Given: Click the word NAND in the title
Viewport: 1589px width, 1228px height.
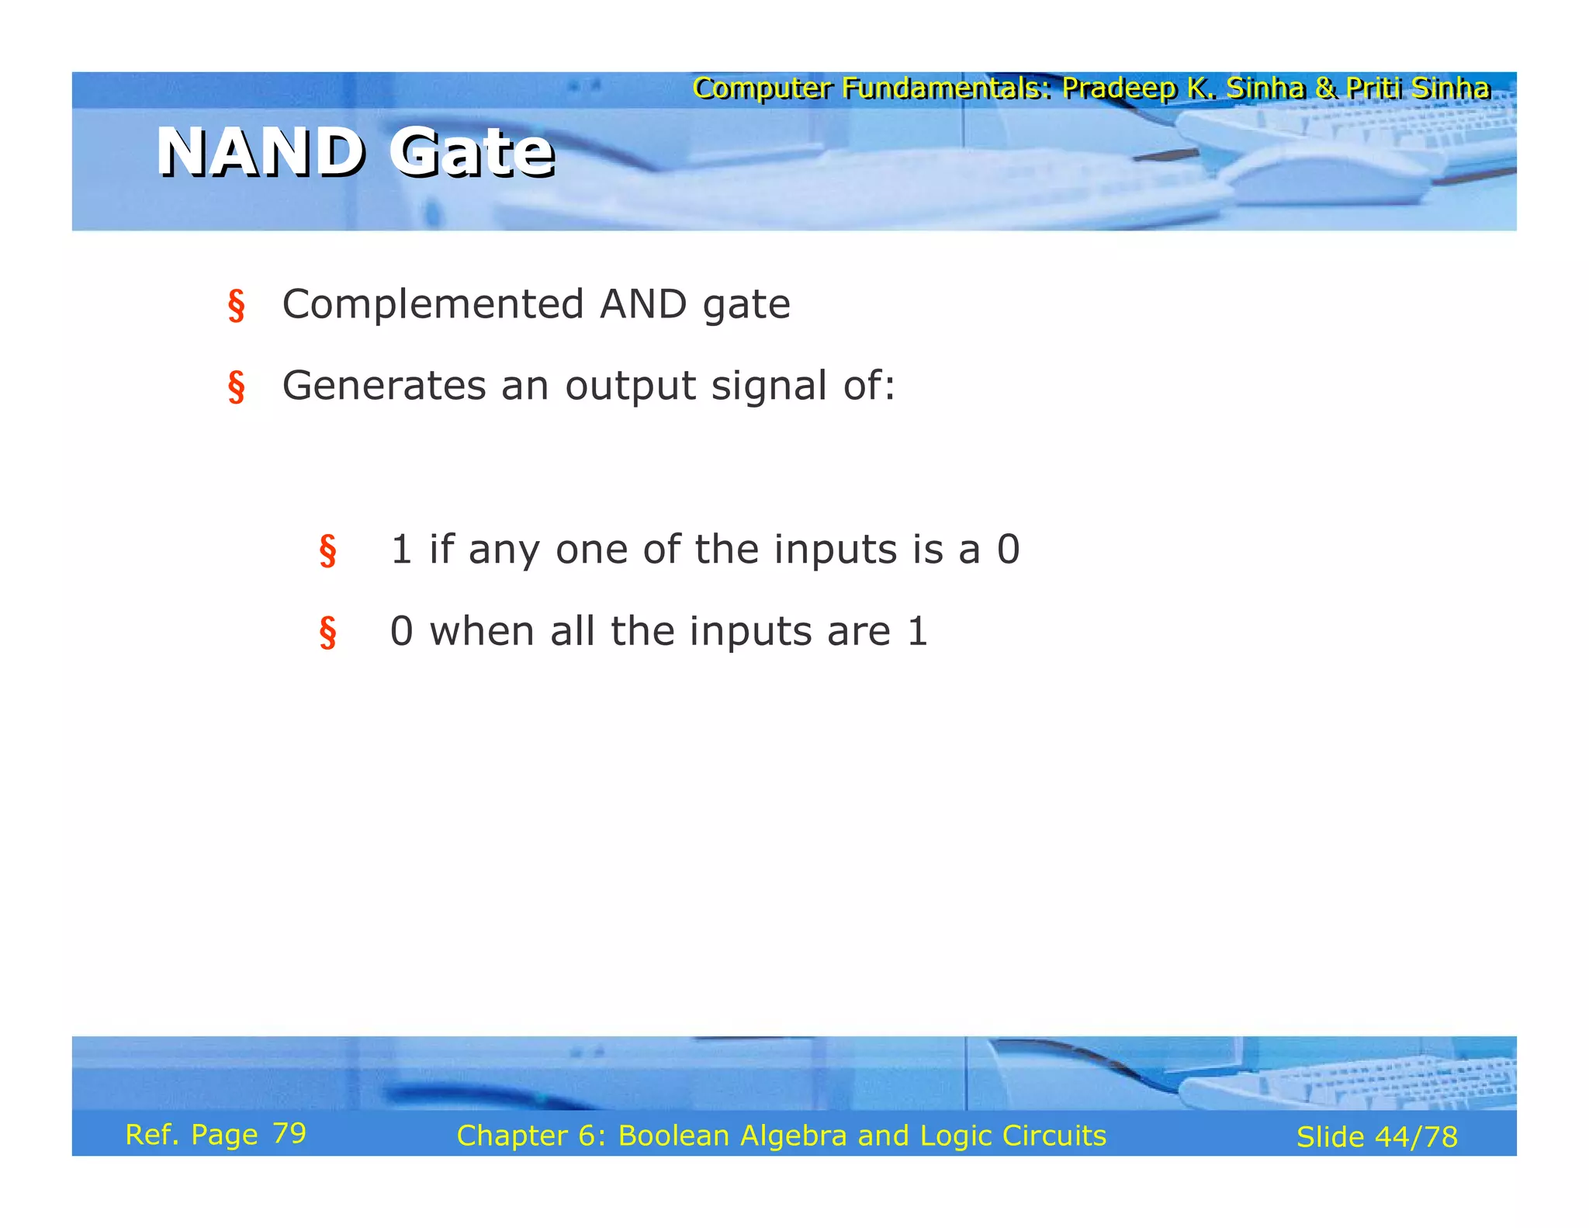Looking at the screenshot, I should point(259,152).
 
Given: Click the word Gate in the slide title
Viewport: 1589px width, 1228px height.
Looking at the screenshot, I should point(471,152).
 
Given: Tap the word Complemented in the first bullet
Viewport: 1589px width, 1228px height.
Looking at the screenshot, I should point(432,304).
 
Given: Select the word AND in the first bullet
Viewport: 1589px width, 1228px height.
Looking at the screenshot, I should point(643,304).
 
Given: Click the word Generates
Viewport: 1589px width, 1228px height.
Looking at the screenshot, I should point(383,385).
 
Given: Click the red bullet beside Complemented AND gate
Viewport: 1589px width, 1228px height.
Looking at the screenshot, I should point(236,305).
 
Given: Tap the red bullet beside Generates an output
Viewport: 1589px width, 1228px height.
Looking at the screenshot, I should point(236,387).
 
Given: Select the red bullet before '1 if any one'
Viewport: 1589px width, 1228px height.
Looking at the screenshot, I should point(327,551).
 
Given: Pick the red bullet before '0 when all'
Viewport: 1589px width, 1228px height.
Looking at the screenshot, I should point(327,632).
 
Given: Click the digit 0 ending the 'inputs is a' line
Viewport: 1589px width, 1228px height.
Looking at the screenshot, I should point(1008,550).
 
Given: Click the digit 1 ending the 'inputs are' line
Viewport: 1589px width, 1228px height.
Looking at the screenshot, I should point(917,631).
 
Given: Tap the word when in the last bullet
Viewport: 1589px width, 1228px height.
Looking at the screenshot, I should point(481,631).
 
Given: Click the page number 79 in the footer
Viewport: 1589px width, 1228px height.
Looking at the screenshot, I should point(289,1133).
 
